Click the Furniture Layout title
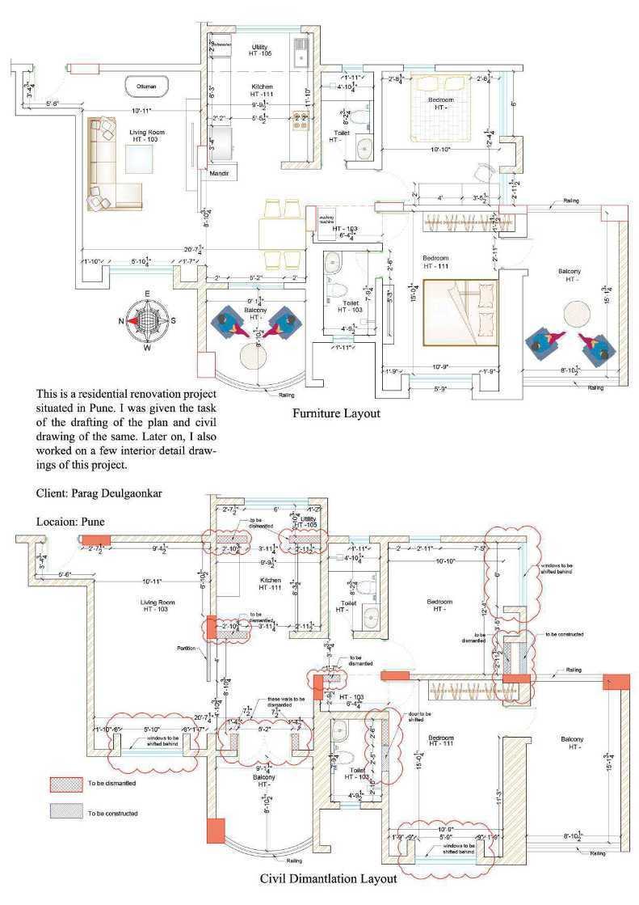[336, 413]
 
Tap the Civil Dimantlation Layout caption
[329, 878]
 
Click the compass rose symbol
[147, 321]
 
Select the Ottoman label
[146, 85]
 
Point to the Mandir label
[221, 174]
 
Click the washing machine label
[327, 218]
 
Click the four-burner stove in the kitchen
[301, 121]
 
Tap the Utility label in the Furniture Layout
[260, 47]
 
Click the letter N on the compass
[124, 321]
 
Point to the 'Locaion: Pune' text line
[71, 522]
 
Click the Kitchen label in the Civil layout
[270, 580]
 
